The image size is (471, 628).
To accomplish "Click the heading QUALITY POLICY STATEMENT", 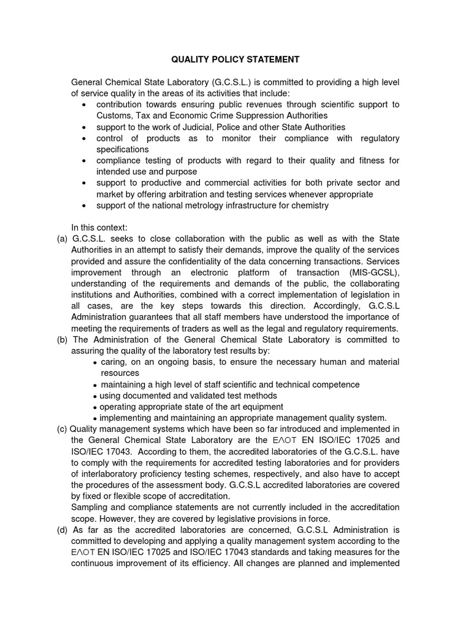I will pyautogui.click(x=235, y=59).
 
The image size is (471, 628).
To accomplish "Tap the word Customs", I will pyautogui.click(x=113, y=115).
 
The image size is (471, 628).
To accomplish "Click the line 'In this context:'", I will pyautogui.click(x=99, y=228).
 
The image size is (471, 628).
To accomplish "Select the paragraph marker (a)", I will pyautogui.click(x=62, y=239).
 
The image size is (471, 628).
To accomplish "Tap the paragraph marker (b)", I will pyautogui.click(x=62, y=339).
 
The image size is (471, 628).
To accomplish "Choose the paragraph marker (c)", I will pyautogui.click(x=62, y=428).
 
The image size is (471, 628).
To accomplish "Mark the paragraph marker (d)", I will pyautogui.click(x=62, y=530).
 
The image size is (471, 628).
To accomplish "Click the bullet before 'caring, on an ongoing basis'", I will pyautogui.click(x=94, y=362).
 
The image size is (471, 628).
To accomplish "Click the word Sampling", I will pyautogui.click(x=90, y=507).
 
